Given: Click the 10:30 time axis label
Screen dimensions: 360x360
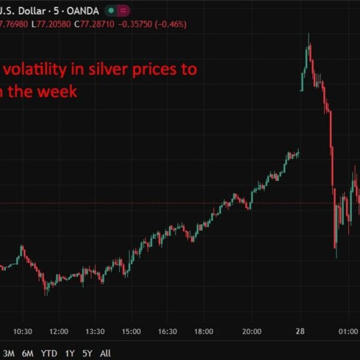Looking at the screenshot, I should (x=22, y=331).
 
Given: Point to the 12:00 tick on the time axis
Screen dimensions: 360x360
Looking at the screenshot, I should (x=59, y=331).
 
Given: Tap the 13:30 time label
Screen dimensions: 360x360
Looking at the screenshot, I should (x=95, y=331).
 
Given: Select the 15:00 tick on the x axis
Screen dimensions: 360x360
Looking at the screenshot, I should (x=131, y=331).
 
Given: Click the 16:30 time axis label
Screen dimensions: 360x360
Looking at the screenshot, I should (x=167, y=331).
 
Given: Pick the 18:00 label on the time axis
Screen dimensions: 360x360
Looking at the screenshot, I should (x=203, y=331).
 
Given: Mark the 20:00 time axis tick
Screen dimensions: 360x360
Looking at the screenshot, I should (x=252, y=331).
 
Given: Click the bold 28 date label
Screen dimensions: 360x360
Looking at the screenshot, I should (x=298, y=331).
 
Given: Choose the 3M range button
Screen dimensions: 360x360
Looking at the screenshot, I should (x=9, y=353).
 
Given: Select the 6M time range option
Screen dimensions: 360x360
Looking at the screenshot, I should (x=28, y=353).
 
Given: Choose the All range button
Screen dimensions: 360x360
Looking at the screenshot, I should (x=105, y=353).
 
